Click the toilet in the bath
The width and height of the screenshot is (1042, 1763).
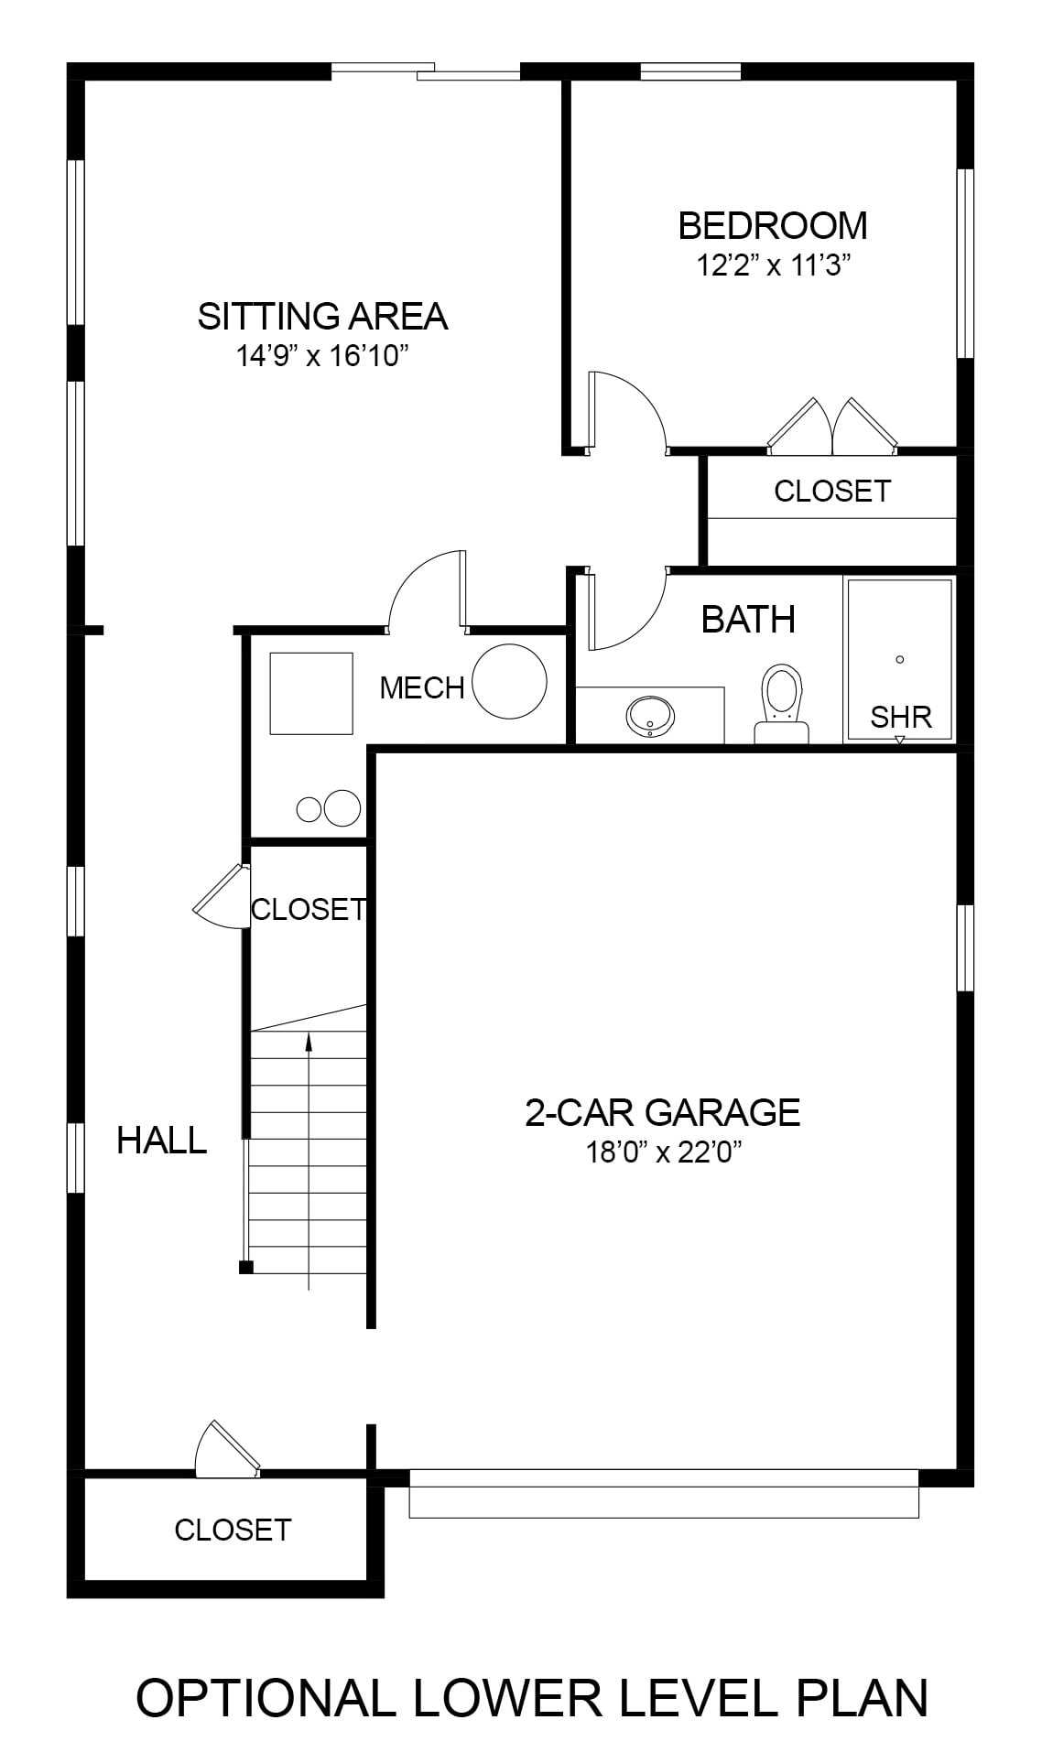click(x=781, y=703)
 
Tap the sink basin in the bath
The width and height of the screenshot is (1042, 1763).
click(x=650, y=715)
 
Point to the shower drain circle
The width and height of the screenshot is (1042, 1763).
click(x=900, y=659)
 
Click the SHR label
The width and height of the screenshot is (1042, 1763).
click(x=901, y=717)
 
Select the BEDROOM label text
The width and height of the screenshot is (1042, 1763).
click(x=773, y=225)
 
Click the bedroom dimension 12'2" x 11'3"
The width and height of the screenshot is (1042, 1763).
click(x=775, y=265)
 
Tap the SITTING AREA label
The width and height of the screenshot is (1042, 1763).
click(x=322, y=316)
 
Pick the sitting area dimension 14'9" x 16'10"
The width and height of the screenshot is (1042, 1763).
click(x=321, y=355)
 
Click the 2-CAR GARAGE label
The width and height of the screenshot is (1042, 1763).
click(x=663, y=1112)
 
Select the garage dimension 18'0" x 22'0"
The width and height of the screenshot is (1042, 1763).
click(x=663, y=1152)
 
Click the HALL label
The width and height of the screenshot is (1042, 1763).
click(x=162, y=1141)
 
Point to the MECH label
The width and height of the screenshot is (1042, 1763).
click(x=422, y=687)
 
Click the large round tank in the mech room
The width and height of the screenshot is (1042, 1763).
click(x=510, y=681)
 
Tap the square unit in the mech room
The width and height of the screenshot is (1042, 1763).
click(x=311, y=693)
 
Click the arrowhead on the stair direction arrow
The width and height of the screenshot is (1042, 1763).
click(x=309, y=1040)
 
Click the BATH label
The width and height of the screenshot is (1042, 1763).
click(x=748, y=620)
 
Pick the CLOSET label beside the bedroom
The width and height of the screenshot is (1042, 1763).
click(x=831, y=492)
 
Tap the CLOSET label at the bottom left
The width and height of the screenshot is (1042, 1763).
click(x=233, y=1529)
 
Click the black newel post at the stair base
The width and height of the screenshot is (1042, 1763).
click(x=245, y=1267)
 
